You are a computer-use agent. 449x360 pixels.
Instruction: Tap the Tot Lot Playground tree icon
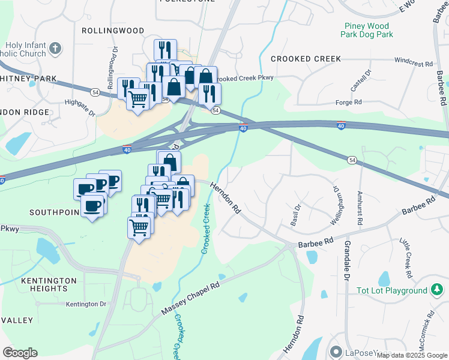437,291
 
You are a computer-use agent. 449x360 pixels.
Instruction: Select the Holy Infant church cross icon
55,48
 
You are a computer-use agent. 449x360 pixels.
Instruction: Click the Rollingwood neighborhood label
113,30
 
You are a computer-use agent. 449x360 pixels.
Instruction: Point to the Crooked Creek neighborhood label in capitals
306,59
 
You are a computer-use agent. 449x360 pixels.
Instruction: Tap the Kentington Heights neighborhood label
49,284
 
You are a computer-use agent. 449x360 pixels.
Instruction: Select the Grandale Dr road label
347,262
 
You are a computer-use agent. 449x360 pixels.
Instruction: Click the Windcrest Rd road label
413,63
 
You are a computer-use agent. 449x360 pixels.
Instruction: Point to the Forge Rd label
366,102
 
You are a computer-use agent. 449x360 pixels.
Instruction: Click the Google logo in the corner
20,353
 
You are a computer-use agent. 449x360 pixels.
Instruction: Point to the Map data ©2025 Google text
412,355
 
